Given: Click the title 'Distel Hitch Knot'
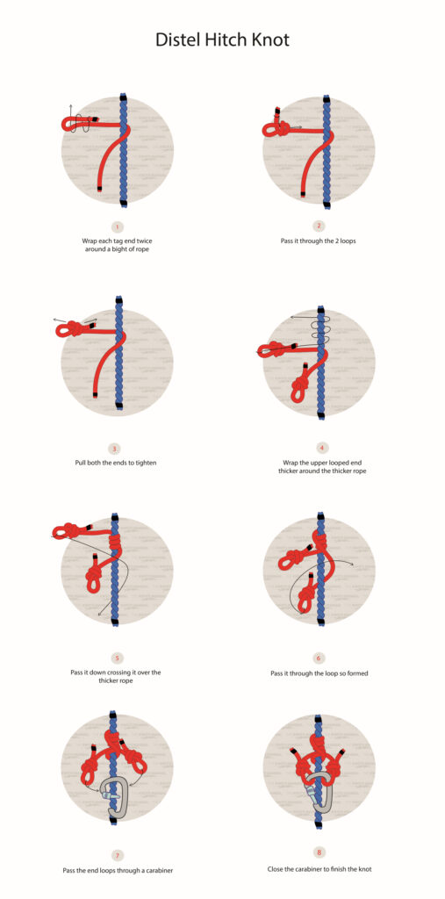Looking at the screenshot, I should pos(222,40).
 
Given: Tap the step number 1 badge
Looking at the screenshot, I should pos(118,227).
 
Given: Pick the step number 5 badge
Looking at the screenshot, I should pos(118,657).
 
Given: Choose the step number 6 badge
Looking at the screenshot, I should pos(319,658).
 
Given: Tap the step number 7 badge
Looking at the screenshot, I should pos(118,854).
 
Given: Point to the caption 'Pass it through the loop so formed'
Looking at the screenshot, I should pos(319,673).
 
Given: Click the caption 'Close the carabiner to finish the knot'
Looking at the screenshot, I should pos(319,868).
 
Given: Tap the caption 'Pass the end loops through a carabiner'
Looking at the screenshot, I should pos(118,870).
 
